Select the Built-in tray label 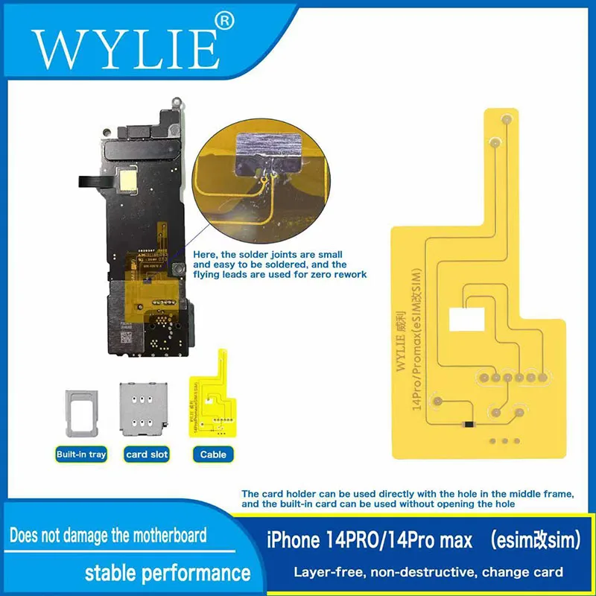click(x=81, y=454)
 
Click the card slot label click(x=148, y=454)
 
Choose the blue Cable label click(x=212, y=454)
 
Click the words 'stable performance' click(x=167, y=572)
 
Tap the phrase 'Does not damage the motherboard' click(x=108, y=535)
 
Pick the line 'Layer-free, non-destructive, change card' click(x=428, y=572)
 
